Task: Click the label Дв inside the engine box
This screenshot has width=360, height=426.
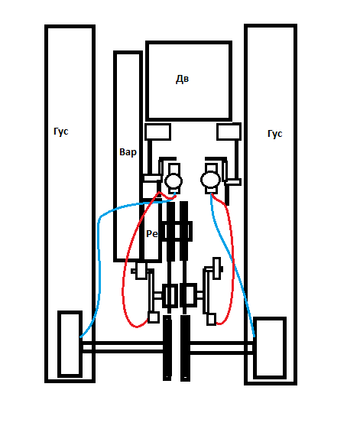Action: [182, 79]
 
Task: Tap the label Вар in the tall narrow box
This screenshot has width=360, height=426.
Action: [128, 152]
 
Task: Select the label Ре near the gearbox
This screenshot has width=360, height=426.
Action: [152, 233]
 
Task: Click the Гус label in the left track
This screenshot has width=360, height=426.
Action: [61, 132]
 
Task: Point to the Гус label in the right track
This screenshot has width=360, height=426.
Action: [274, 134]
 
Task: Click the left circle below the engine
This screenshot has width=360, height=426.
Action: [174, 180]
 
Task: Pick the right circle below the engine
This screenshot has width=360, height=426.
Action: [210, 179]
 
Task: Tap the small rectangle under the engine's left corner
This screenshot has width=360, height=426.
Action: [157, 132]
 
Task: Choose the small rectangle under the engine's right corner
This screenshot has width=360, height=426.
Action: [229, 132]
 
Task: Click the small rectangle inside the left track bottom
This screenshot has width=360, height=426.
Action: [70, 344]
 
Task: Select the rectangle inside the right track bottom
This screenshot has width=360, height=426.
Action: [270, 348]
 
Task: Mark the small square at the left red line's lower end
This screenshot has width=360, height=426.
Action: [154, 317]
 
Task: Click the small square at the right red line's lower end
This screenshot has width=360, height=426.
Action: [211, 319]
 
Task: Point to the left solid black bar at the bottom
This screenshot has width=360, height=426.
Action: [167, 348]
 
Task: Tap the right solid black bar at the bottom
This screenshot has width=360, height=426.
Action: [185, 348]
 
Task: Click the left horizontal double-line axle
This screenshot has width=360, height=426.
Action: [123, 347]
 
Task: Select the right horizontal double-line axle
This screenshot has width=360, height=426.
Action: [222, 348]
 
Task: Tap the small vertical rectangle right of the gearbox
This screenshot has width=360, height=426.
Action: [216, 268]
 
